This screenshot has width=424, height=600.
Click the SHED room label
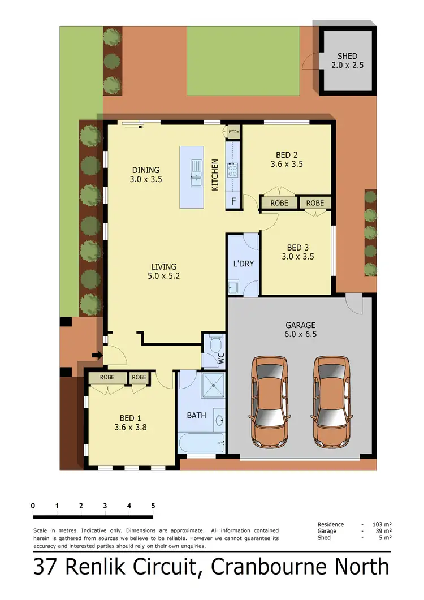[x=347, y=56]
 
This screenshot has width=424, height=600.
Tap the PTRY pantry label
[x=233, y=132]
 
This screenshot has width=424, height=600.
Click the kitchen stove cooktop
[x=232, y=170]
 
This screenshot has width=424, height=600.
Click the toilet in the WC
[x=215, y=344]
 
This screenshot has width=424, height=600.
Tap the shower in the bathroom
[x=211, y=387]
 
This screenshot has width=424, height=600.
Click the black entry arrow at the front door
[x=97, y=355]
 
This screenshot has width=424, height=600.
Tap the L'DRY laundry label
[x=243, y=264]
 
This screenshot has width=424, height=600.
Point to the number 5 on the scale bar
[x=153, y=506]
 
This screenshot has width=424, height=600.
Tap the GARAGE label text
[x=300, y=325]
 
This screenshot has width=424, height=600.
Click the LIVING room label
[x=163, y=267]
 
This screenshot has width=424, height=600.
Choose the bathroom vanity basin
[x=219, y=420]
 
